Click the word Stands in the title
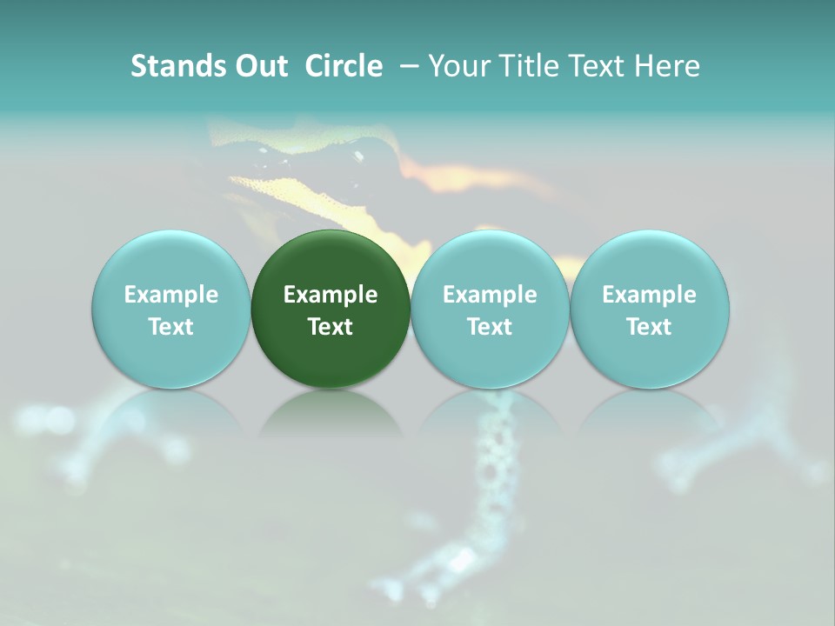click(x=176, y=66)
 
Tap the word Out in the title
click(x=259, y=66)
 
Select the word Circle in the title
click(x=344, y=66)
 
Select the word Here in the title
click(x=666, y=66)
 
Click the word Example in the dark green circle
click(x=331, y=295)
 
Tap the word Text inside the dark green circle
click(x=331, y=327)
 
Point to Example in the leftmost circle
click(x=170, y=295)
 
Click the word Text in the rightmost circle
click(x=650, y=327)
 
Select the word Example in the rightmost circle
click(x=650, y=295)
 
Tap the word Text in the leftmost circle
click(x=170, y=327)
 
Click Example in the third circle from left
click(x=490, y=295)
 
